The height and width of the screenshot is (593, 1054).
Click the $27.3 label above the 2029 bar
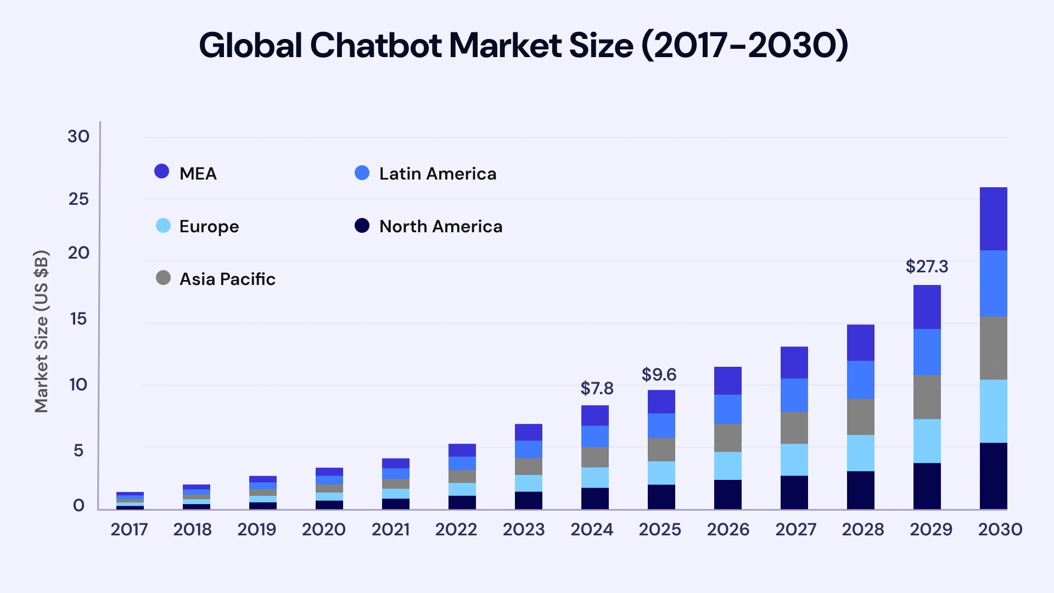coord(927,267)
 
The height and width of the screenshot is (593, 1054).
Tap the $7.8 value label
coord(597,389)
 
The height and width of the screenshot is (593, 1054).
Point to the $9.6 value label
coord(659,375)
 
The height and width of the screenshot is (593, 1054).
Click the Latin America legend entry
coord(425,174)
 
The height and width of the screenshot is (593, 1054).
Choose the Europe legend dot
coord(163,226)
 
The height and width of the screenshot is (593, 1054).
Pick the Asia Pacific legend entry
coord(216,279)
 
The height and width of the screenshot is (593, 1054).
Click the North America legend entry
coord(428,226)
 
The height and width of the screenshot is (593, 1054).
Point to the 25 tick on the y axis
coord(79,199)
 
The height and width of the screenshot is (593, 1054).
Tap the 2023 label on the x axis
coord(523,529)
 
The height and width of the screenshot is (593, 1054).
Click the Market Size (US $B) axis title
coord(42,331)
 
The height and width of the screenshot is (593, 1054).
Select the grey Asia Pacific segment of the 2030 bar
coord(993,348)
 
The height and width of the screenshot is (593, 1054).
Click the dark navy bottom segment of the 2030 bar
coord(993,475)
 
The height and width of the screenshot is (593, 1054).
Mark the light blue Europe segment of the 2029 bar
coord(927,441)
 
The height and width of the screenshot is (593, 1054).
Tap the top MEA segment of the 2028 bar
coord(860,343)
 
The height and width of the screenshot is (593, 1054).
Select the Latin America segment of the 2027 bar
coord(794,395)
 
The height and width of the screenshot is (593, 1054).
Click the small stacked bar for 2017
coord(130,501)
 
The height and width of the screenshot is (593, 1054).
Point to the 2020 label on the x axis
coord(323,529)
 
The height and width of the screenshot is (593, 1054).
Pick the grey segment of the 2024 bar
coord(595,457)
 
